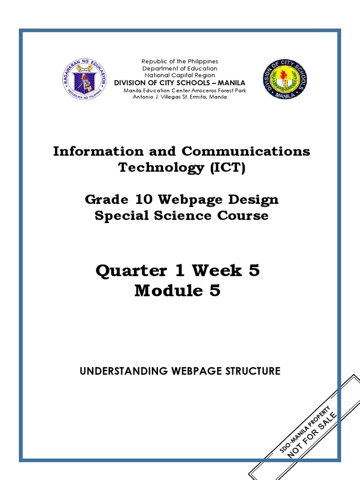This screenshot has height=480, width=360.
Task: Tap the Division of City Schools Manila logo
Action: click(x=285, y=79)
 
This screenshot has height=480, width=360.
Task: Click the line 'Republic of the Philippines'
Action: click(x=180, y=61)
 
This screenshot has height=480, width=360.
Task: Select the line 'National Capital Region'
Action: click(x=180, y=75)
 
